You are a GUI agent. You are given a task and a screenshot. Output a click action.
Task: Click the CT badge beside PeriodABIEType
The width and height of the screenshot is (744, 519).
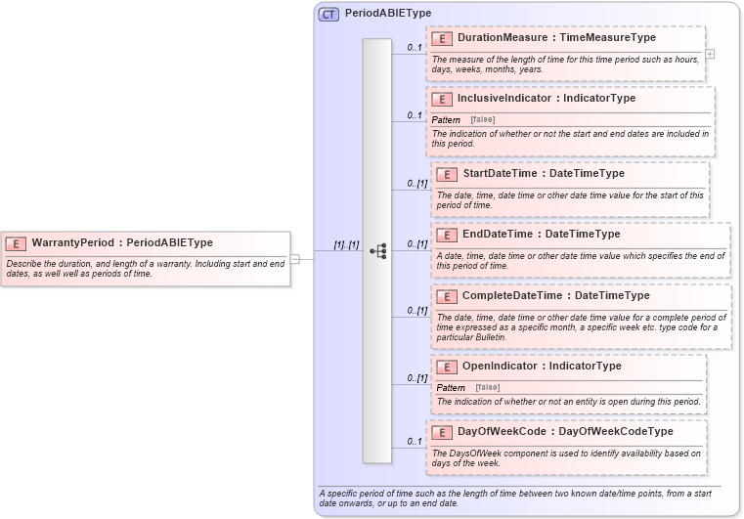[328, 14]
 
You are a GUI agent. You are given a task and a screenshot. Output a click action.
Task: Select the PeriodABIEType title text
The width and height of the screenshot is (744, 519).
[388, 14]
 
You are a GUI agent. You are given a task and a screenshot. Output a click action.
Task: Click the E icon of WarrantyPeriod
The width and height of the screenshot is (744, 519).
[16, 243]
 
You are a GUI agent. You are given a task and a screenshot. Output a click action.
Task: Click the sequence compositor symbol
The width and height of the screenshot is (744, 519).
[377, 251]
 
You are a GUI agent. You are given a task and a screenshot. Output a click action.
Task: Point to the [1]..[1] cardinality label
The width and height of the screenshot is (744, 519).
[346, 244]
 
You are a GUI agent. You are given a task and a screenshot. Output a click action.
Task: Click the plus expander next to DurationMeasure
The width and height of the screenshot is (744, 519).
[710, 54]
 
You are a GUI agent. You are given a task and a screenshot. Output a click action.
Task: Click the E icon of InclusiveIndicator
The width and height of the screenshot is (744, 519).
[442, 99]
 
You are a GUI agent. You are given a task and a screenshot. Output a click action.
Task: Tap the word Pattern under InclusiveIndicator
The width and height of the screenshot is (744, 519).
[446, 119]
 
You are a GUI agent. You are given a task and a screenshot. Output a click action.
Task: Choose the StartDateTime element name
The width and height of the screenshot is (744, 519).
[500, 174]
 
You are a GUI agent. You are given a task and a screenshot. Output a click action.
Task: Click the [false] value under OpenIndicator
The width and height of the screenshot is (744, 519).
[488, 388]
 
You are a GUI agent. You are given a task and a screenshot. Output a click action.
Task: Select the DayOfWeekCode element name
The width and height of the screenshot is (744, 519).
[502, 431]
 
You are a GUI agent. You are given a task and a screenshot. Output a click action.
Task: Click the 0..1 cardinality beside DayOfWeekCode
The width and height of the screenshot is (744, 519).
[415, 442]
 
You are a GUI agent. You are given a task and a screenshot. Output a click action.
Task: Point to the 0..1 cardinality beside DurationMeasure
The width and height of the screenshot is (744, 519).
[415, 47]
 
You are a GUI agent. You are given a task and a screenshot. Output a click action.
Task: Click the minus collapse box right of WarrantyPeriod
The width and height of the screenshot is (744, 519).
[295, 258]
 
